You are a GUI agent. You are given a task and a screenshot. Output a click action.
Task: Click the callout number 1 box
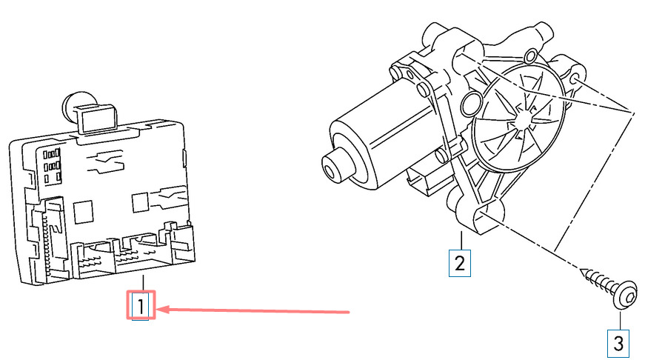pyautogui.click(x=140, y=305)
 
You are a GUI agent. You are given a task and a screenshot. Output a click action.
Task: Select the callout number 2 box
pyautogui.click(x=459, y=263)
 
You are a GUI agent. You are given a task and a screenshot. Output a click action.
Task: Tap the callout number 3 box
pyautogui.click(x=618, y=344)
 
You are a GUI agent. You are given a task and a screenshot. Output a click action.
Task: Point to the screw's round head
pyautogui.click(x=625, y=294)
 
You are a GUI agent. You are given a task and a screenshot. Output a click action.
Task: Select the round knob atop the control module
pyautogui.click(x=74, y=106)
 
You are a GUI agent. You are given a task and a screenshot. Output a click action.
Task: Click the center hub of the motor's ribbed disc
pyautogui.click(x=521, y=118)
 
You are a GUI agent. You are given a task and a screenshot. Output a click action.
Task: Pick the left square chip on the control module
pyautogui.click(x=84, y=212)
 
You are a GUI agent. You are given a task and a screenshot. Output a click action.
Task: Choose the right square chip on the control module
pyautogui.click(x=140, y=203)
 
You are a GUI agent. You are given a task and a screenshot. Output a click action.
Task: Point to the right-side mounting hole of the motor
pyautogui.click(x=575, y=79)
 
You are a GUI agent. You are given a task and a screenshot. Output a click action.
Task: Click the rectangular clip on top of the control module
pyautogui.click(x=96, y=117)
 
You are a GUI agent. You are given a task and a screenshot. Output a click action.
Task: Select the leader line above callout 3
pyautogui.click(x=620, y=321)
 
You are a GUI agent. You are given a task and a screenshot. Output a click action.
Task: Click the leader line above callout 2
pyautogui.click(x=461, y=241)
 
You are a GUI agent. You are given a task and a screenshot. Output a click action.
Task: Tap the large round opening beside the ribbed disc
pyautogui.click(x=472, y=104)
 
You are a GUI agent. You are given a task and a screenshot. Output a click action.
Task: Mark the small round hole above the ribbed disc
pyautogui.click(x=532, y=55)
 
